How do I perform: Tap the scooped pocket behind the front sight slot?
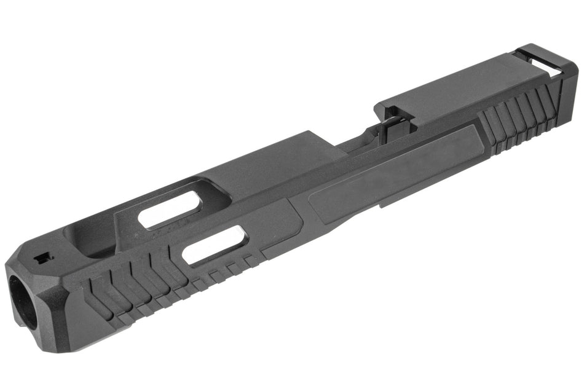tap(92, 240)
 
